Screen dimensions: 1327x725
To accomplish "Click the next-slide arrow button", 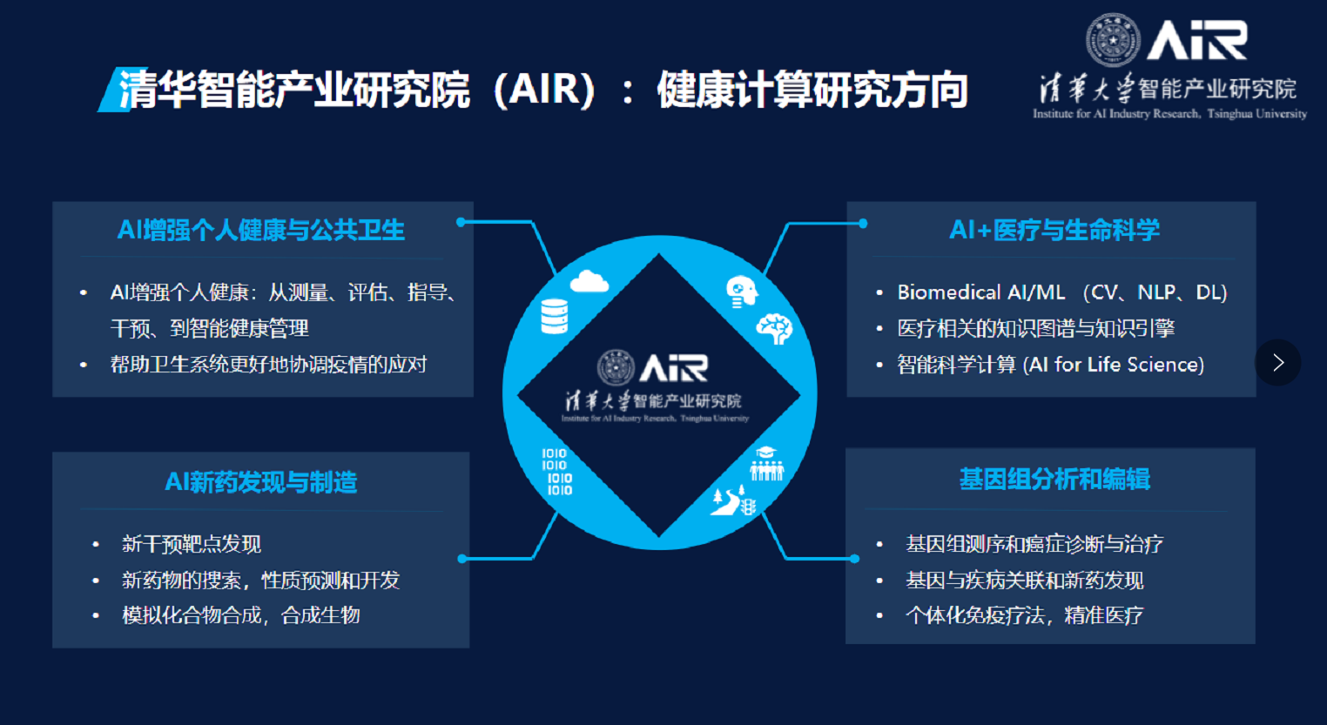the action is coord(1278,362).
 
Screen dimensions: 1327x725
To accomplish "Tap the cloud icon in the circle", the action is coord(589,281).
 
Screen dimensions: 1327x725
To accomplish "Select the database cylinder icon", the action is coord(555,316).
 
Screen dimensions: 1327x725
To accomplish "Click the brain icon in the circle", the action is coord(774,329).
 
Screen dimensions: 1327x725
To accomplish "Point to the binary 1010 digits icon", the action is coord(557,472).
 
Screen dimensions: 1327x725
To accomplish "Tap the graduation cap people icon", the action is coord(766,463).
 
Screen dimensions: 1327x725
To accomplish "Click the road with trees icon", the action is coord(733,500).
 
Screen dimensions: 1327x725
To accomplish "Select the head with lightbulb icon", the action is coord(741,292).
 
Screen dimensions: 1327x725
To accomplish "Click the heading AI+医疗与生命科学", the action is coord(1054,230).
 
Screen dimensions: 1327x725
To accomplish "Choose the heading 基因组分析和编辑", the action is coord(1054,480).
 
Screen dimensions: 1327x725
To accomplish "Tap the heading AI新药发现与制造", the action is coord(260,482).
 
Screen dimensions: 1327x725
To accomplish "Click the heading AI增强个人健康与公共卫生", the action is coord(260,230).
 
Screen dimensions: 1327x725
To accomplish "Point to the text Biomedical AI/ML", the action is coord(981,292).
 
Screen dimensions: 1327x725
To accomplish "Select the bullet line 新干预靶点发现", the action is coord(192,544).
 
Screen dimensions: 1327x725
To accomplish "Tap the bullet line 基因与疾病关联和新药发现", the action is coord(1025,580).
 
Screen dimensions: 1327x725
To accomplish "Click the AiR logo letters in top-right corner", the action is coord(1196,40).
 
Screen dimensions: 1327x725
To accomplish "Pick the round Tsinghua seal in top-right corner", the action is coord(1113,40).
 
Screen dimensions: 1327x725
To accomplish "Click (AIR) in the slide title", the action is coord(544,90).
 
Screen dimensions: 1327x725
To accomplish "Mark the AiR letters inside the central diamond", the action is coord(674,368).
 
